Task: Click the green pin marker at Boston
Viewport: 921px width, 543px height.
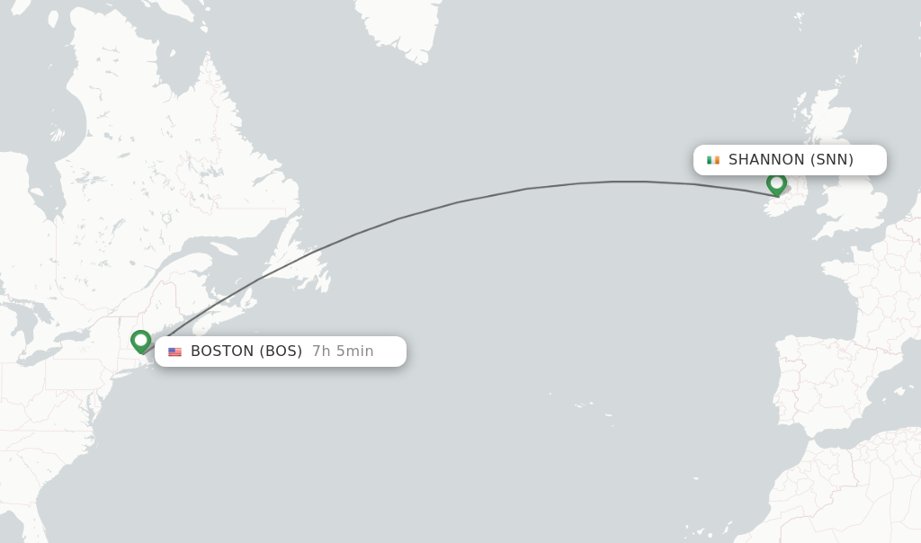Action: pyautogui.click(x=140, y=341)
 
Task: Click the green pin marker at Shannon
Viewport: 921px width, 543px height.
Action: pyautogui.click(x=776, y=183)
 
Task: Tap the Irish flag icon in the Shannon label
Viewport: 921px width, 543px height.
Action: pyautogui.click(x=713, y=160)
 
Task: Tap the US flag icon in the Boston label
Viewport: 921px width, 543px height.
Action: pyautogui.click(x=174, y=352)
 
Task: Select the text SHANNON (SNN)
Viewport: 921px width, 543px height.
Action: pyautogui.click(x=791, y=160)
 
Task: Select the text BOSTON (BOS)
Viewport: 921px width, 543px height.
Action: pyautogui.click(x=246, y=352)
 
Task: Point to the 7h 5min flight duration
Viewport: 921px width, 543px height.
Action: pyautogui.click(x=343, y=352)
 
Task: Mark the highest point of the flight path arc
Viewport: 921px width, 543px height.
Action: pyautogui.click(x=621, y=182)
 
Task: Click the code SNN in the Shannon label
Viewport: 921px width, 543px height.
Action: pyautogui.click(x=832, y=160)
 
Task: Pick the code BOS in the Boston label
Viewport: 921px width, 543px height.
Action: pyautogui.click(x=281, y=352)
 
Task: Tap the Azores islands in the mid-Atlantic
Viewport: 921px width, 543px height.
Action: pyautogui.click(x=594, y=409)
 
